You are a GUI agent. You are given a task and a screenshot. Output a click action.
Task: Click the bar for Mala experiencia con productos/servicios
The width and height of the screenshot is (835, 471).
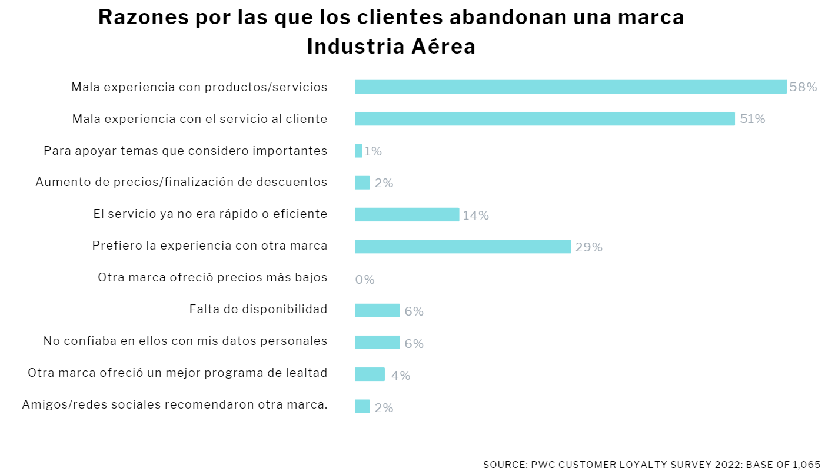pyautogui.click(x=570, y=87)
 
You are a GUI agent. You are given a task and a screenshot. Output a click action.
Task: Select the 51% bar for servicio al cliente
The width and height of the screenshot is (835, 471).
pyautogui.click(x=544, y=119)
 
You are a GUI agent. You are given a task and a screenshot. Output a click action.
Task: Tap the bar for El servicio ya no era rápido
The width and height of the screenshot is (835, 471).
pyautogui.click(x=407, y=215)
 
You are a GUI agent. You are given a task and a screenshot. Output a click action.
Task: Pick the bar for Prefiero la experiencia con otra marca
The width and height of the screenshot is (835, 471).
pyautogui.click(x=463, y=247)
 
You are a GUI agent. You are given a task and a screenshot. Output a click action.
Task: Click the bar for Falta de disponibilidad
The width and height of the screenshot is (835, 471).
pyautogui.click(x=377, y=310)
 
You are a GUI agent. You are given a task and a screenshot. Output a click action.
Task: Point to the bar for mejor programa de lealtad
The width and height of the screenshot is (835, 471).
pyautogui.click(x=370, y=374)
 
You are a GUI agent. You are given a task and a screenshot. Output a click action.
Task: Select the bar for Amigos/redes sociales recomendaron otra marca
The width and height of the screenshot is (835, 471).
pyautogui.click(x=362, y=406)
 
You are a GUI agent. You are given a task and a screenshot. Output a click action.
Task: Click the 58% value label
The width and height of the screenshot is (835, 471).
pyautogui.click(x=803, y=87)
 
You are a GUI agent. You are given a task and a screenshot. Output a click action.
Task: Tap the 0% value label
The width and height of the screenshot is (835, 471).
pyautogui.click(x=365, y=280)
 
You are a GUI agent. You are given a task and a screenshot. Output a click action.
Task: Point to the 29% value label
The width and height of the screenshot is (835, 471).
pyautogui.click(x=588, y=247)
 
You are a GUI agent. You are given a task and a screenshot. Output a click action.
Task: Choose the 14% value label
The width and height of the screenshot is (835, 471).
pyautogui.click(x=475, y=215)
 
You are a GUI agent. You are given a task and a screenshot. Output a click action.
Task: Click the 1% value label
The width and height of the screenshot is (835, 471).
pyautogui.click(x=373, y=151)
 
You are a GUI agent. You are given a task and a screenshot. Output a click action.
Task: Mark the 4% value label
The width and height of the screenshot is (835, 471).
pyautogui.click(x=401, y=375)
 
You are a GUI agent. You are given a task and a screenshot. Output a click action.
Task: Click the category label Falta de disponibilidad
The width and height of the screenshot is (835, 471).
pyautogui.click(x=258, y=309)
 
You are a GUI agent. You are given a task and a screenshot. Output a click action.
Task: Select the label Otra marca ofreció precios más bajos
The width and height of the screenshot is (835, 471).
pyautogui.click(x=212, y=277)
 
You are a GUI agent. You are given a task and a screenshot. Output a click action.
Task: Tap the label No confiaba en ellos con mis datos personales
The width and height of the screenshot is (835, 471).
pyautogui.click(x=185, y=341)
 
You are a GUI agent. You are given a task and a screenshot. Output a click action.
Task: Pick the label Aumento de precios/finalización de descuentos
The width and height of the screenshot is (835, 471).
pyautogui.click(x=181, y=182)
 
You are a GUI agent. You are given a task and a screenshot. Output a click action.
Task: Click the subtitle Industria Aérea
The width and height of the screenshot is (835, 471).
pyautogui.click(x=391, y=47)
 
